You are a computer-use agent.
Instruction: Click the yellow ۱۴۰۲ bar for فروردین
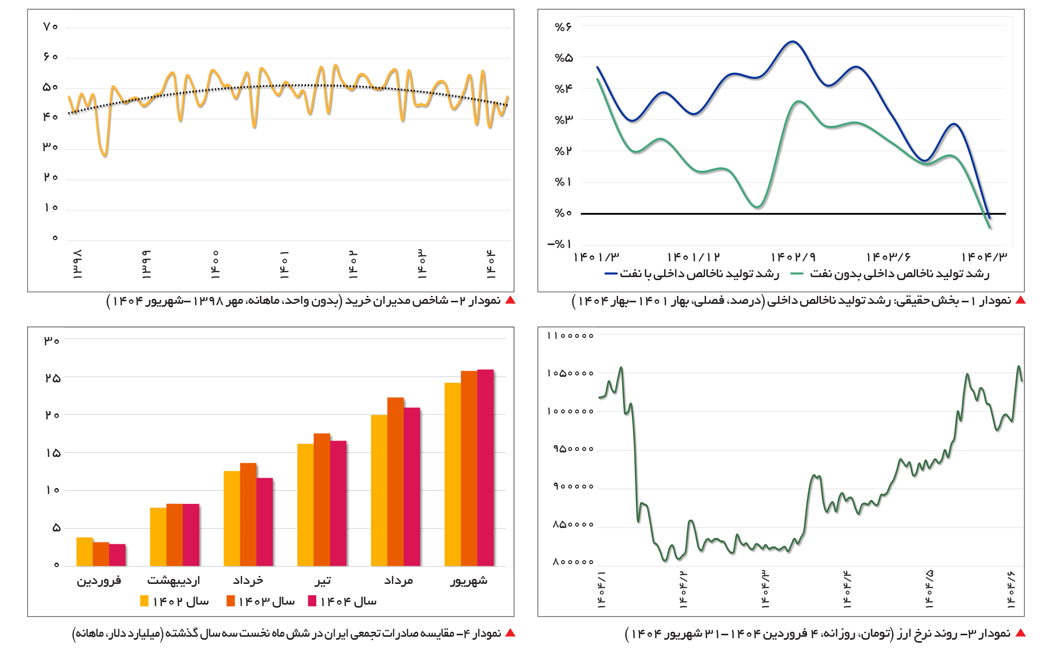tap(84, 551)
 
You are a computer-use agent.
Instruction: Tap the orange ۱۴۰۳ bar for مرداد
tap(395, 482)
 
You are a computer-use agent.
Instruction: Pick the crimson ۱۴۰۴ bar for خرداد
tap(265, 522)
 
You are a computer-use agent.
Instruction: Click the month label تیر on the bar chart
tap(323, 581)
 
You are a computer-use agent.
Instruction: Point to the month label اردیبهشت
tap(174, 581)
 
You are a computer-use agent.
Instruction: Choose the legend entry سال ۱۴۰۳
tap(261, 601)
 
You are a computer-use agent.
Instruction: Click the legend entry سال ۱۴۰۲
tap(175, 601)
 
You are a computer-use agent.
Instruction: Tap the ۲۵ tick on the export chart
tap(52, 378)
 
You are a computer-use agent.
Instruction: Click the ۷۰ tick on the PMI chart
tap(50, 27)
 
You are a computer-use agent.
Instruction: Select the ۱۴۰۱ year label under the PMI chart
tap(284, 265)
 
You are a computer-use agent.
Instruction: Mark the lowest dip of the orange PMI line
tap(104, 156)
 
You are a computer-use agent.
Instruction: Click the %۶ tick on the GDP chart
tap(563, 27)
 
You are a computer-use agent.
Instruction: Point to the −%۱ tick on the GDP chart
tap(560, 244)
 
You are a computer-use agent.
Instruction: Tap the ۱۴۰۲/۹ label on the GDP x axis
tap(793, 257)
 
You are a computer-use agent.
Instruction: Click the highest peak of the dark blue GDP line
tap(793, 42)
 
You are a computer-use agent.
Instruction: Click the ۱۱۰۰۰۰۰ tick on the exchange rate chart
tap(570, 336)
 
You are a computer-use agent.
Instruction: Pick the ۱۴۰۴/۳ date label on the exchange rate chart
tap(765, 589)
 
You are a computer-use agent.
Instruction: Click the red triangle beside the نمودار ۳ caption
tap(1020, 633)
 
